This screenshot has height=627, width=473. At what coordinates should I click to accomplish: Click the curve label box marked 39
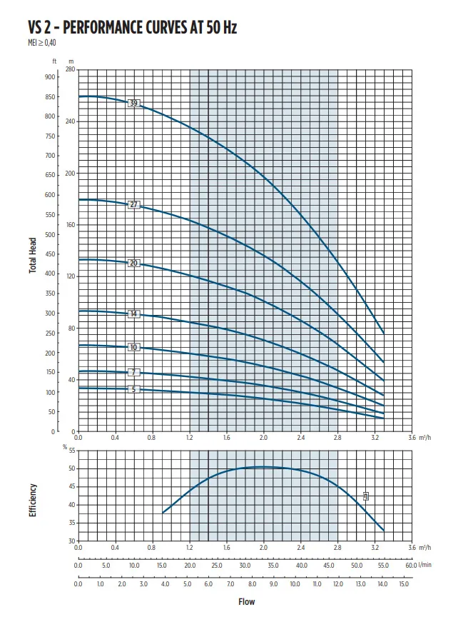point(133,104)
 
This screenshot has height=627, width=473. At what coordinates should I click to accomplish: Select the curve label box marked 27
point(133,205)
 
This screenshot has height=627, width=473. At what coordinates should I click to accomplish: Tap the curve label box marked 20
point(133,264)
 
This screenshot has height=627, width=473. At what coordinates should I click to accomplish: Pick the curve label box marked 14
point(133,314)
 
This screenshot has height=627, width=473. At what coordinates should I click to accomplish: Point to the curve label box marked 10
point(133,348)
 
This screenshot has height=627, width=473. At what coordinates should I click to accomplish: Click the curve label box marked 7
point(133,373)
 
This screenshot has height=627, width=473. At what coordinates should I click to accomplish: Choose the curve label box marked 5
point(133,389)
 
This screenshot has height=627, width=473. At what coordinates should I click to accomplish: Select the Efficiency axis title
point(33,501)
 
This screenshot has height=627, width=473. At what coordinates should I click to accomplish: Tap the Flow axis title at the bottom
point(246,601)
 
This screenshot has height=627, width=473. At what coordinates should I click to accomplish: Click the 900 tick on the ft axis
point(50,76)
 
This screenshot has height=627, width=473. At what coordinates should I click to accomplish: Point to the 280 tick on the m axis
point(69,70)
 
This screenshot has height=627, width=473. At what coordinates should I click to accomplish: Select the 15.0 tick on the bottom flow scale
point(403,584)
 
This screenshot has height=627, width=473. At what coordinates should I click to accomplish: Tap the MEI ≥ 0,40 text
point(41,43)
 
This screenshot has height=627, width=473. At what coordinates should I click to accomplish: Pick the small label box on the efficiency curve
point(366,496)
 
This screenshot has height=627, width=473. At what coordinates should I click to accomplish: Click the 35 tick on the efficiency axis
point(71,523)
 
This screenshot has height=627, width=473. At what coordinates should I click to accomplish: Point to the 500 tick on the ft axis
point(50,234)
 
